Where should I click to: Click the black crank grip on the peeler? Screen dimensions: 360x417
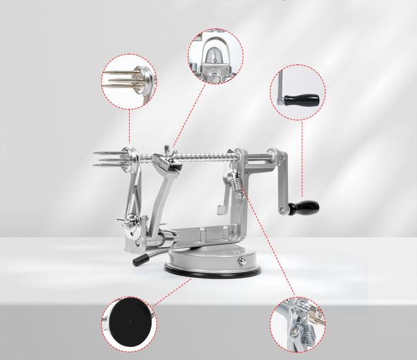click(x=304, y=208)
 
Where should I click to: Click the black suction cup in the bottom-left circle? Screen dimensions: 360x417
click(x=128, y=322)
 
